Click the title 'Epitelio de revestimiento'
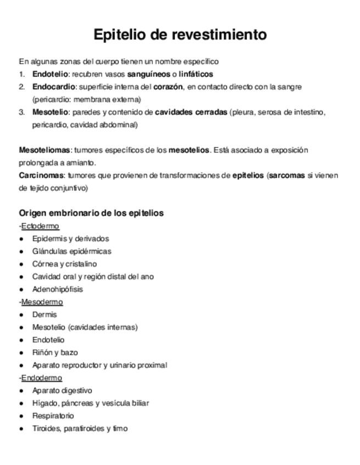click(x=180, y=35)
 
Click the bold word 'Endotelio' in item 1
click(x=48, y=74)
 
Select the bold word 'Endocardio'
click(x=51, y=87)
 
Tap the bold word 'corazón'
click(x=168, y=87)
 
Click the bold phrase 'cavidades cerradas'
click(x=191, y=112)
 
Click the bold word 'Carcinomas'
click(x=42, y=175)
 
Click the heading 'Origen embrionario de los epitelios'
click(x=91, y=213)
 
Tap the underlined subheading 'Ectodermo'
click(x=40, y=226)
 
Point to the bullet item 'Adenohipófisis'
click(x=58, y=289)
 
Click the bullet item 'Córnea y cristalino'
click(x=65, y=264)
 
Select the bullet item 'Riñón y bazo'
click(x=55, y=353)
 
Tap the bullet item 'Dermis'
click(x=44, y=315)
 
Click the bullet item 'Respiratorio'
click(x=53, y=416)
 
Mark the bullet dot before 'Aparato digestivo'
click(x=21, y=391)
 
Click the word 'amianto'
click(x=82, y=163)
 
